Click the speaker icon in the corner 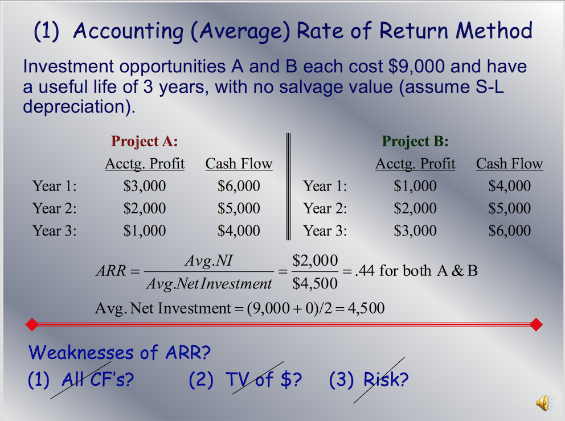pos(544,403)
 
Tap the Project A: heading pos(145,141)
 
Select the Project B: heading pos(415,141)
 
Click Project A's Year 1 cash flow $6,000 pos(239,186)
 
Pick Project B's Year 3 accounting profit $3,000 pos(415,230)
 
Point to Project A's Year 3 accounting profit pos(145,230)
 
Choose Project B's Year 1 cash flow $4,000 pos(509,186)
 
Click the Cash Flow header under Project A pos(239,164)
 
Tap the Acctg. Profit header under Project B pos(415,164)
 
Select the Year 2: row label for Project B pos(325,208)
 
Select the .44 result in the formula pos(364,271)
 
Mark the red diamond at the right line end pos(535,324)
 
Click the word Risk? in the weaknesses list pos(386,379)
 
